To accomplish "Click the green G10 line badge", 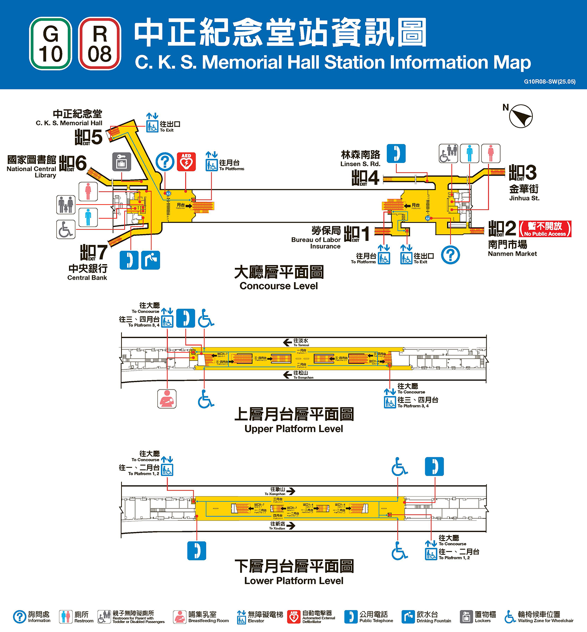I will click(51, 44).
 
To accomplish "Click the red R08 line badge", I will click(99, 44).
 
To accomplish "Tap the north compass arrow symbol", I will click(521, 116).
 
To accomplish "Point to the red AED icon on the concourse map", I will click(186, 162).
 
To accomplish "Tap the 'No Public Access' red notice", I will click(545, 229).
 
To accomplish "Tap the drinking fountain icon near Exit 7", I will click(150, 260).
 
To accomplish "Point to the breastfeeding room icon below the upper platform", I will click(167, 399).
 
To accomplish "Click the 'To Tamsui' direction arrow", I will click(287, 342).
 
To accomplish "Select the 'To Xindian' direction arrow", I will click(291, 526).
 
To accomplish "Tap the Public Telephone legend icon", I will click(351, 616).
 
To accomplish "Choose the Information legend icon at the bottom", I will click(20, 616).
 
